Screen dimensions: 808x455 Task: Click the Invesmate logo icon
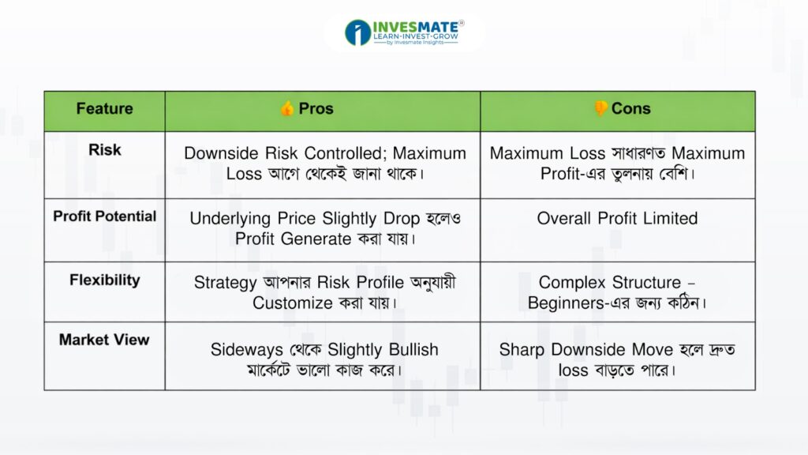coord(357,32)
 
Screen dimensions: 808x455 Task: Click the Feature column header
coord(105,108)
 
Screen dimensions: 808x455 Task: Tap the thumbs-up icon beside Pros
coord(287,108)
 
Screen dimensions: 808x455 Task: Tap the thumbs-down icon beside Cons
coord(600,108)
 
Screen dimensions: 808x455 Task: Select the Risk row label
coord(105,149)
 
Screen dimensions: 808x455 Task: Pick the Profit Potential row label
coord(105,216)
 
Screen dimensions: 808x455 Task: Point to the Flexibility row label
coord(105,280)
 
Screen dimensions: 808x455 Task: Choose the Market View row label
coord(104,340)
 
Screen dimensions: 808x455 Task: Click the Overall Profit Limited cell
coord(617,218)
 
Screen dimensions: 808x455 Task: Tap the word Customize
coord(292,303)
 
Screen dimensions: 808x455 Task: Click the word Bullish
coord(413,349)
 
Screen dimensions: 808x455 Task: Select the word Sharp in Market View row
coord(522,350)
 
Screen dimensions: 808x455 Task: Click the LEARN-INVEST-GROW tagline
coord(415,36)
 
